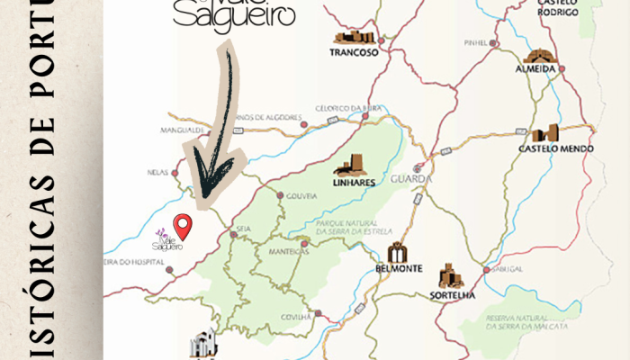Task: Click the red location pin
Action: [183, 226]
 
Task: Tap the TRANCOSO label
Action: [354, 52]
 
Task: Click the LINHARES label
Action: [353, 182]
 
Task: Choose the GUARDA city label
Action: [419, 179]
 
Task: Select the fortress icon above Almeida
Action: [539, 56]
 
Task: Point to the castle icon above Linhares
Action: [351, 166]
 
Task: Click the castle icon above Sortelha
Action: [449, 276]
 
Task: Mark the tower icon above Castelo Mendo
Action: [547, 133]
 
